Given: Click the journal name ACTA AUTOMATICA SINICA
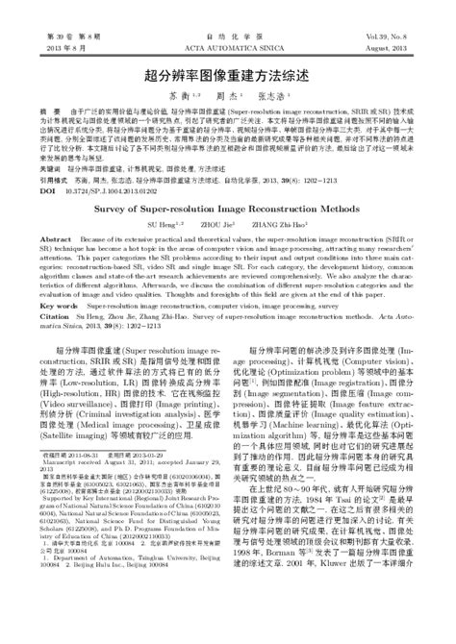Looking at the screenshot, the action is pos(228,46).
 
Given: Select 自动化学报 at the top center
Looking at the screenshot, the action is pos(228,34).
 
